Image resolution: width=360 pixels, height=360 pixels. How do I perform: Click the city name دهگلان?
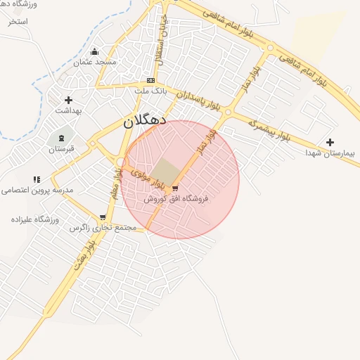tap(144, 120)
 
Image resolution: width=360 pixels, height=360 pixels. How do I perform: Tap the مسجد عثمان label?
tap(96, 62)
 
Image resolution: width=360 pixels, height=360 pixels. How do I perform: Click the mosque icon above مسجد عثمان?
tap(95, 51)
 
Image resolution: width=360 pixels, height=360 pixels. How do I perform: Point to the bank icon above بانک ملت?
tap(150, 81)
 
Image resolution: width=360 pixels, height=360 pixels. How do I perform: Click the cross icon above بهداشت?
tap(68, 101)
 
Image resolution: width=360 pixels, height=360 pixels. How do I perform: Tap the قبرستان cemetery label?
tap(61, 149)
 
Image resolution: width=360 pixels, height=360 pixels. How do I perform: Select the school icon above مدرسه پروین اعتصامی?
tap(37, 180)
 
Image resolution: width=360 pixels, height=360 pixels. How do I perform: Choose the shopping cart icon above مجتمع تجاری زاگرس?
tap(103, 217)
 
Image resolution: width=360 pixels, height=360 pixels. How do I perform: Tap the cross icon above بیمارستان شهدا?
tap(330, 142)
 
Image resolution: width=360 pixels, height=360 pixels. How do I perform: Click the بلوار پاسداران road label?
tap(209, 103)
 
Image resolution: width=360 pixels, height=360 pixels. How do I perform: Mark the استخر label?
tap(18, 21)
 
